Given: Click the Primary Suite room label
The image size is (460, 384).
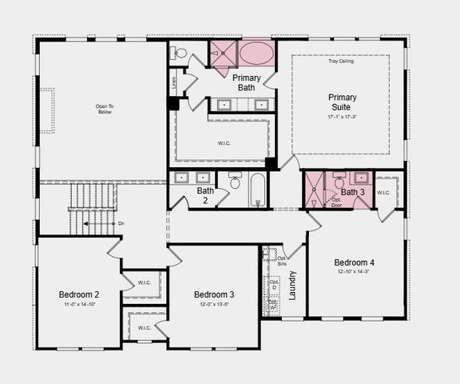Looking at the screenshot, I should (x=343, y=102).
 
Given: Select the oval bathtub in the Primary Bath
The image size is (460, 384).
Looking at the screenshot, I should (x=256, y=54).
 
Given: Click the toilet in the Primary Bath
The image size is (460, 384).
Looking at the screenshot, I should (x=180, y=54).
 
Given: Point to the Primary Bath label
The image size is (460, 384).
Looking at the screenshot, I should (x=247, y=82).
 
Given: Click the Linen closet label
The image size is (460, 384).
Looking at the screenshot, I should (x=173, y=81).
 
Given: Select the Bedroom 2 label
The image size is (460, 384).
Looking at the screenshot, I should (x=79, y=294).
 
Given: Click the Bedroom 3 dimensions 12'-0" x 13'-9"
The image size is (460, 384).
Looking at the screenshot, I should (x=214, y=305).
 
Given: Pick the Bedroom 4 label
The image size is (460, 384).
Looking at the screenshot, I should (x=354, y=263).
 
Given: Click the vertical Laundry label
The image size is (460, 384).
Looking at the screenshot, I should (x=292, y=285).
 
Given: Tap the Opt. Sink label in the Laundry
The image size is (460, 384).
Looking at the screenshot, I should (x=282, y=261).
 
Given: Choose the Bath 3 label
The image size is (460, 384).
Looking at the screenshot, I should (x=352, y=192).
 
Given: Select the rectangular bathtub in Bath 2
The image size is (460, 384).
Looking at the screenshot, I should (x=257, y=190).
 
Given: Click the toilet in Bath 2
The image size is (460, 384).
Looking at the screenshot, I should (x=236, y=182).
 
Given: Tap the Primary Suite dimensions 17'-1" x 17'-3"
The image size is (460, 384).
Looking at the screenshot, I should (x=343, y=118).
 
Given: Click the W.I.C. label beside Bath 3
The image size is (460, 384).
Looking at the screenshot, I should (x=383, y=192).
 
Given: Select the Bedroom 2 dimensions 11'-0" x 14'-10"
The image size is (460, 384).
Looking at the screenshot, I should (x=79, y=305).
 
